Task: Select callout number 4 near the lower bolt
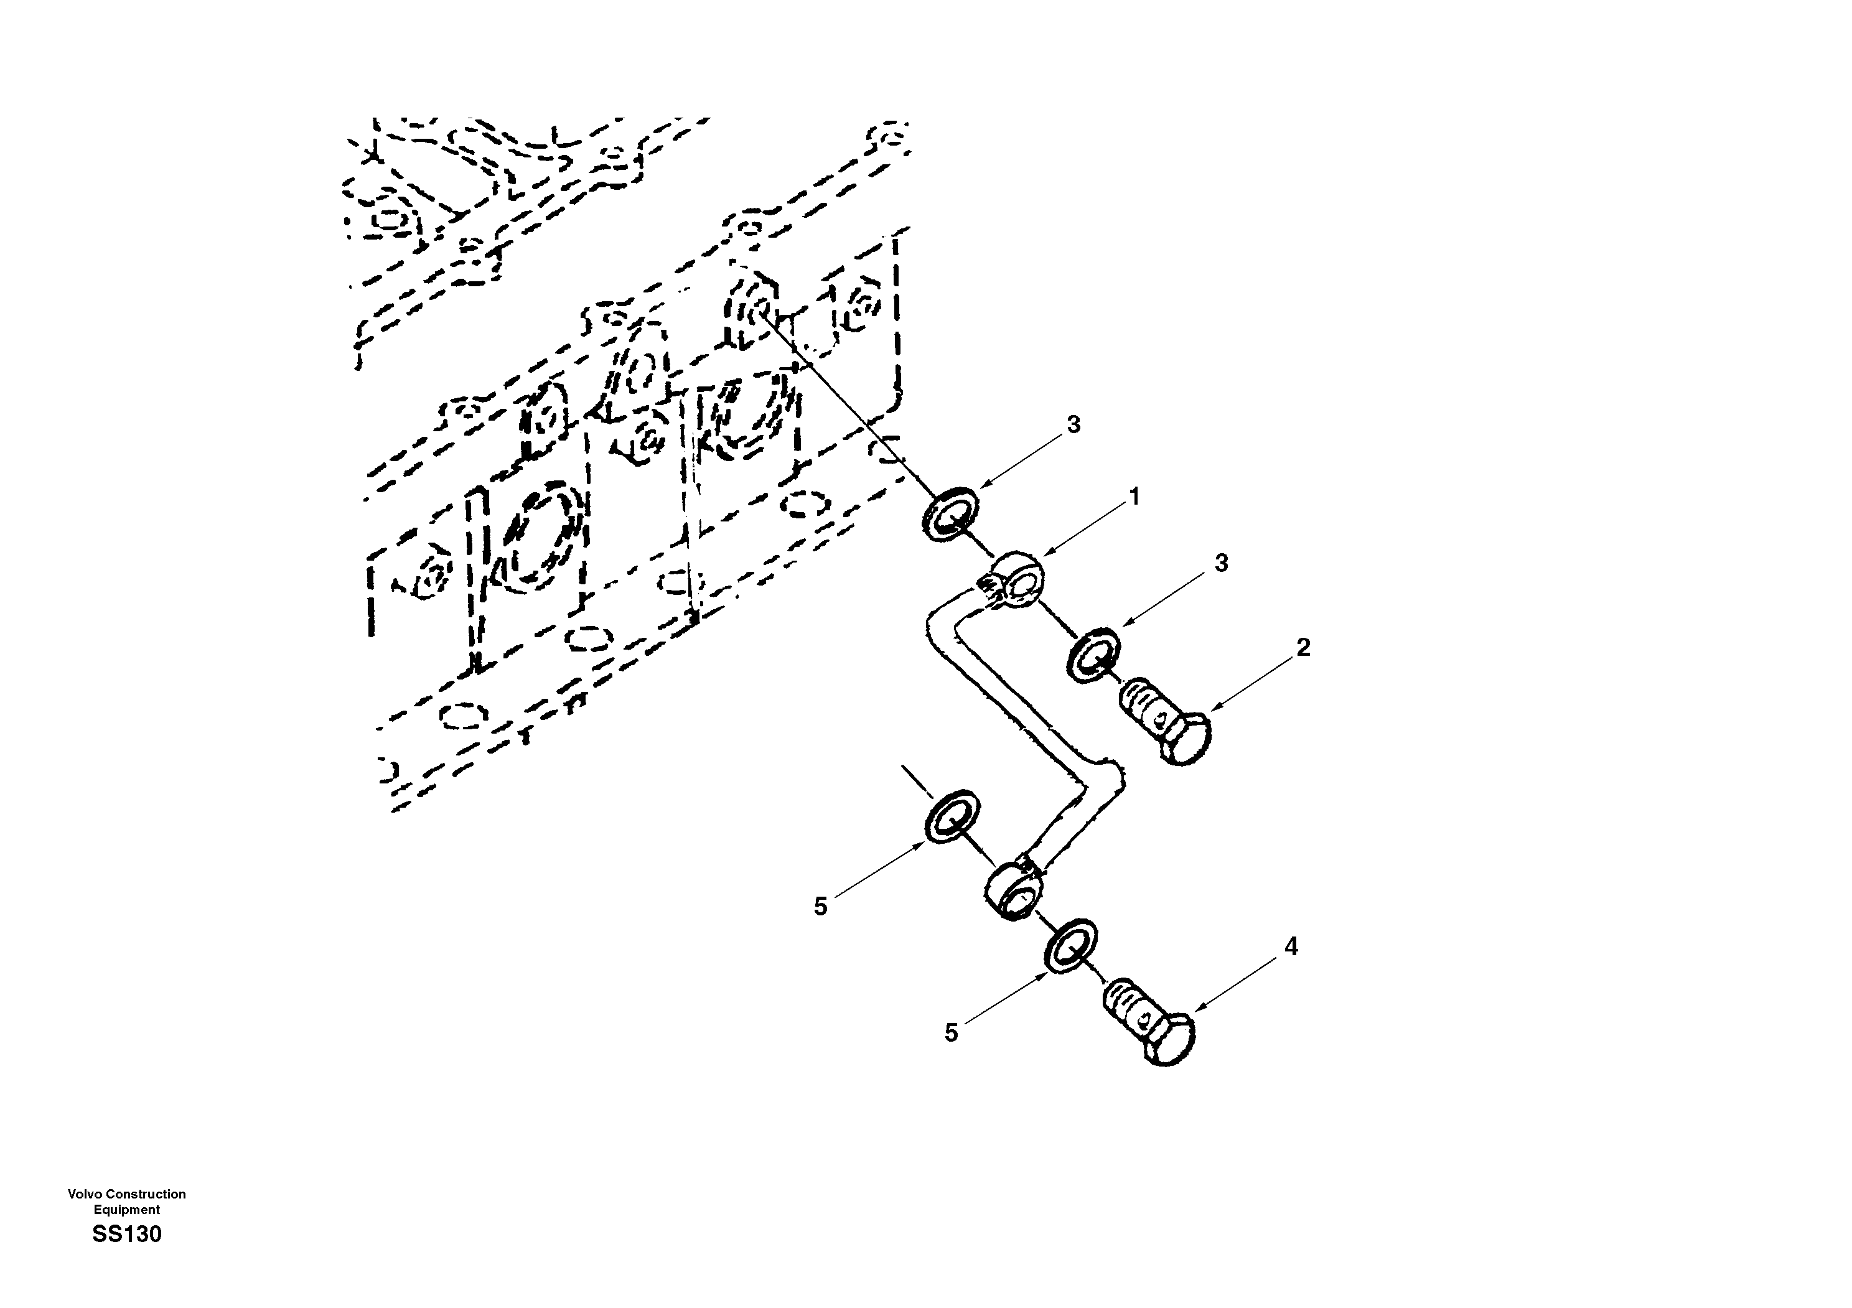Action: (x=1291, y=946)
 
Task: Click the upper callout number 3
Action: (x=1073, y=424)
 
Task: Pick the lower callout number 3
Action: (x=1221, y=563)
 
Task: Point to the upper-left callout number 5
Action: (x=820, y=907)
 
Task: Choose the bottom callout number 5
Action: (x=951, y=1032)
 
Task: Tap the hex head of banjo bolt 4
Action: (x=1168, y=1040)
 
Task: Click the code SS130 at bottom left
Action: (x=126, y=1235)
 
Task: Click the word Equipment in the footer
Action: (x=126, y=1210)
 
